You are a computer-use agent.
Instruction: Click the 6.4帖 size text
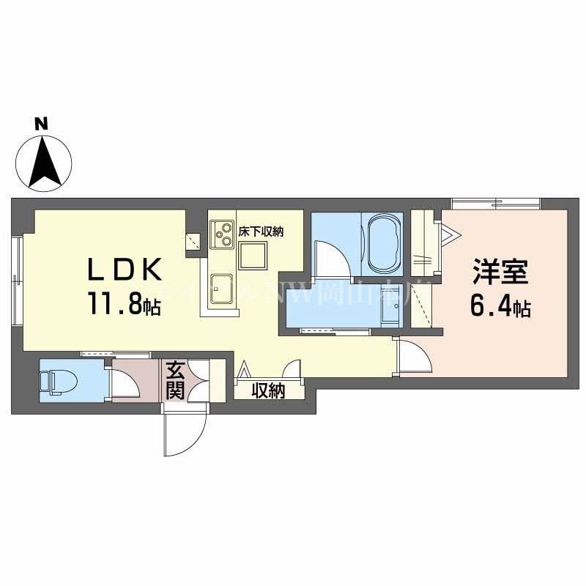click(x=501, y=308)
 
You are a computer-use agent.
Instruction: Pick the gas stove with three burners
click(x=220, y=235)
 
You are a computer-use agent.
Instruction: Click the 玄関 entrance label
click(x=175, y=380)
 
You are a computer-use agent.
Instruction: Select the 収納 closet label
click(x=268, y=391)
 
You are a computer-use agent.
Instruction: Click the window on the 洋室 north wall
click(x=495, y=203)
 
